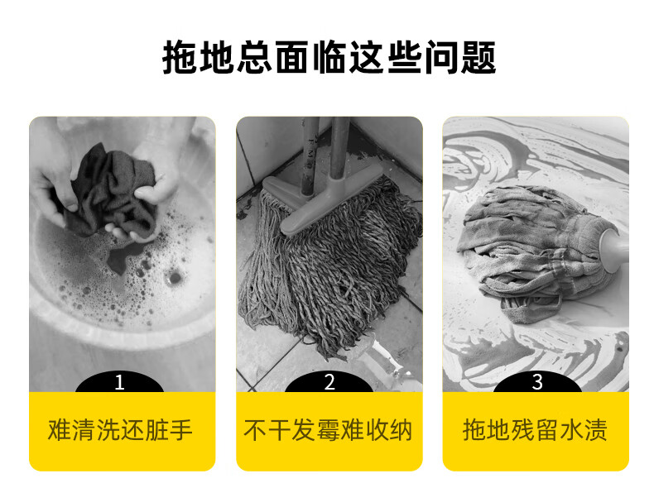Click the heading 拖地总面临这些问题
329,58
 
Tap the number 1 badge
120,382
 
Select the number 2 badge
329,382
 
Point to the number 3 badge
537,382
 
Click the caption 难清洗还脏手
120,430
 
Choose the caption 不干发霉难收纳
329,430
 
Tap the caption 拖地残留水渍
535,430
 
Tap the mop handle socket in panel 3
614,246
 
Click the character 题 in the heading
478,58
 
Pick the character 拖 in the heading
180,58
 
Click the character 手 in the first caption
181,430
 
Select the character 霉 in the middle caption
329,430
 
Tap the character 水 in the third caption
571,430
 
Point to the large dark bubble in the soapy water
174,278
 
